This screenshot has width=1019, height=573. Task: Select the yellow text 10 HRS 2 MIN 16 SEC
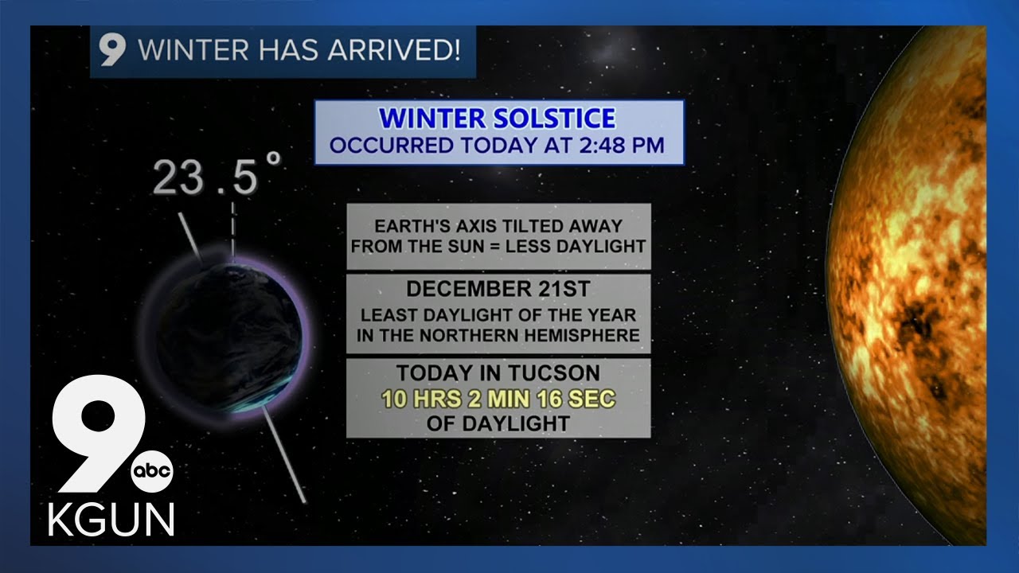[498, 399]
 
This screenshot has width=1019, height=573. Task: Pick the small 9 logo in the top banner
[111, 52]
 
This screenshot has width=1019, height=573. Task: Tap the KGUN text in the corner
[111, 520]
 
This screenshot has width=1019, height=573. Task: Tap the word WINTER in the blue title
[430, 119]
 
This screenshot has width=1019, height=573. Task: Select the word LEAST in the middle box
[388, 316]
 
